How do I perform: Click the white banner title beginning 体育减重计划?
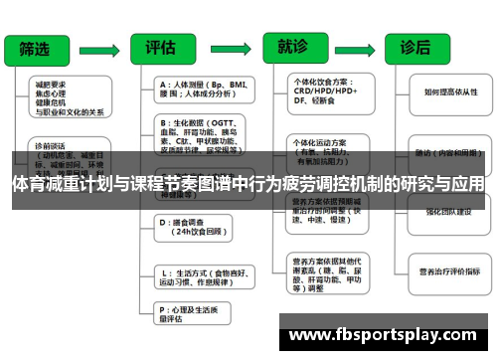pyautogui.click(x=248, y=184)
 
